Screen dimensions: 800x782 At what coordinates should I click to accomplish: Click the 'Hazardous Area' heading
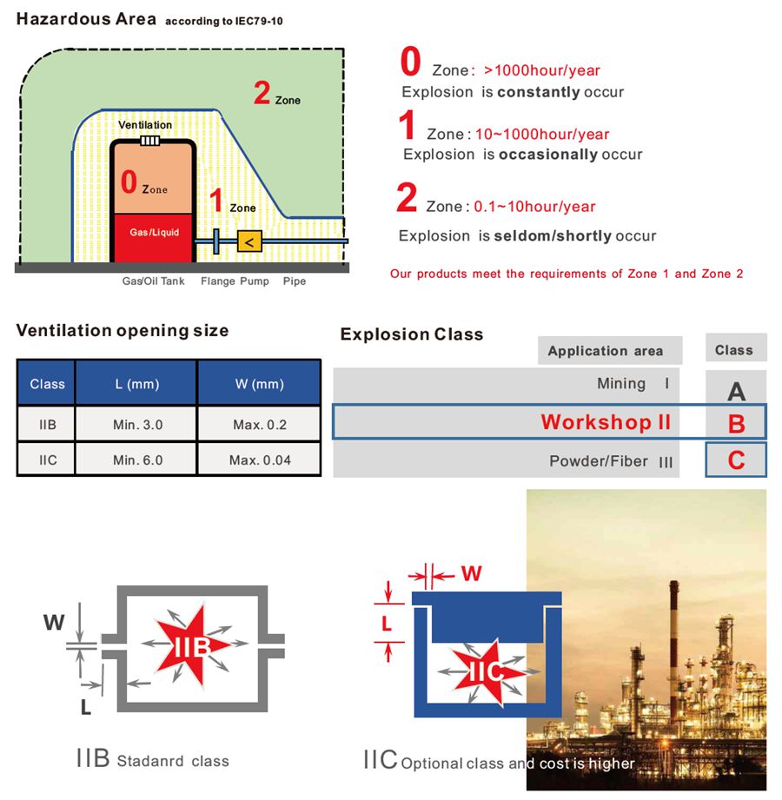87,18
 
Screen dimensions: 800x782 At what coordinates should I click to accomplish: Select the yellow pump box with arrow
250,241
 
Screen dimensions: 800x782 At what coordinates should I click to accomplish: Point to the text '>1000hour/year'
542,70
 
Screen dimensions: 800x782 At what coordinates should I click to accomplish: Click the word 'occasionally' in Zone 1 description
547,155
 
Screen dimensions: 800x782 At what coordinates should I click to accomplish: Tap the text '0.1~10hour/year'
534,207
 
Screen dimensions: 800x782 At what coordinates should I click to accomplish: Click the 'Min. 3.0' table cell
137,425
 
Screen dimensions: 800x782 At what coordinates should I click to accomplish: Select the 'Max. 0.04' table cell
260,460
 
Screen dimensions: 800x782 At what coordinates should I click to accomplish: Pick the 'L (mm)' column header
137,384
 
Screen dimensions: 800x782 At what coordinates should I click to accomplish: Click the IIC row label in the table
47,460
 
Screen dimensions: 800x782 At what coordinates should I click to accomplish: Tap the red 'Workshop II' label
606,422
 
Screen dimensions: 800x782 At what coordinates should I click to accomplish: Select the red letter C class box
736,460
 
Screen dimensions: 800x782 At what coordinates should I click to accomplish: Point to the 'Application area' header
606,351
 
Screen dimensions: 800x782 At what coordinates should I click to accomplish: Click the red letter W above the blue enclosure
471,574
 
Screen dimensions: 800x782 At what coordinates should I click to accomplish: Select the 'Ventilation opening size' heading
123,330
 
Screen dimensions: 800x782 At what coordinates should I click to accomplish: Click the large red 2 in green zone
262,92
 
